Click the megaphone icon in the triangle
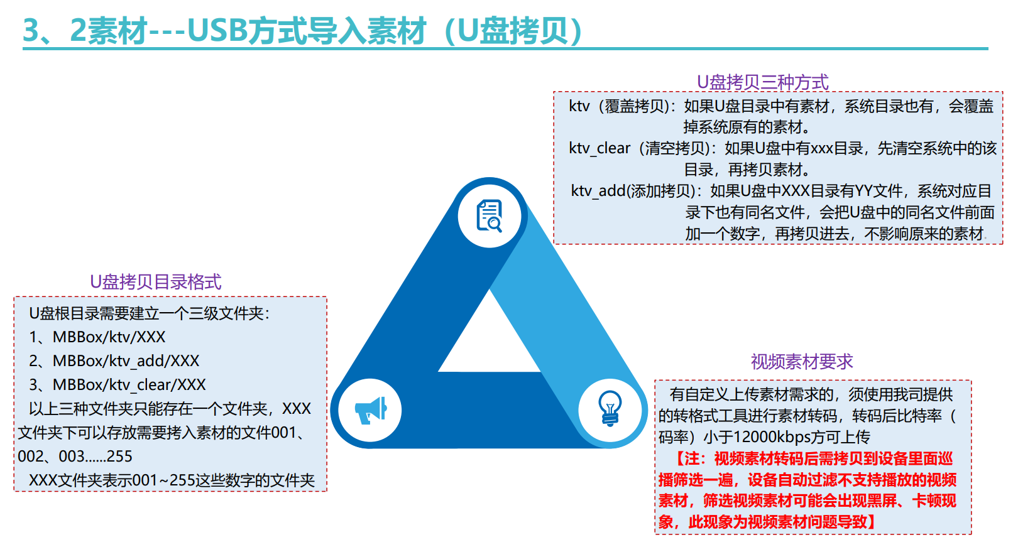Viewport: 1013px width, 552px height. click(371, 410)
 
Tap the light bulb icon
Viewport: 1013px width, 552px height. click(610, 409)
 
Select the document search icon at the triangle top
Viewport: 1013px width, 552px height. click(490, 215)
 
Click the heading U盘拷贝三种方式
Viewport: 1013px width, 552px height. click(762, 82)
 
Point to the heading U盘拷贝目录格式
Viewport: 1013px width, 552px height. click(156, 281)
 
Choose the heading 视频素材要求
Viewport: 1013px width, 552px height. click(802, 362)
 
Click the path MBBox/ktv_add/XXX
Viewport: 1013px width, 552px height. click(126, 360)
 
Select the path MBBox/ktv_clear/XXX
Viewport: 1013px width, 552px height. click(129, 385)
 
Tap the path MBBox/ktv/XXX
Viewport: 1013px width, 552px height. click(109, 337)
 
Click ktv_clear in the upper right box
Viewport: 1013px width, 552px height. click(600, 148)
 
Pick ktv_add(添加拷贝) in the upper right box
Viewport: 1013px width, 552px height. click(633, 191)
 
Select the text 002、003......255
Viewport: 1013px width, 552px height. click(75, 456)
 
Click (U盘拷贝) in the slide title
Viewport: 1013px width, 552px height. click(513, 31)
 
